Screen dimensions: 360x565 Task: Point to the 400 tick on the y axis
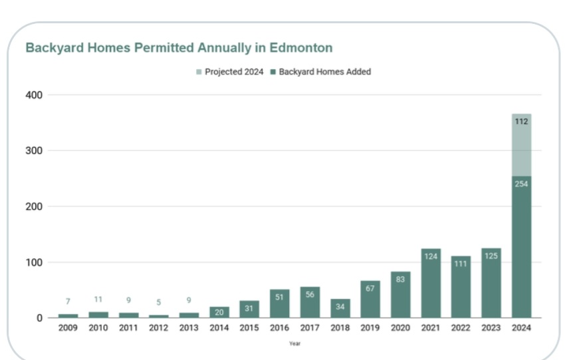point(35,95)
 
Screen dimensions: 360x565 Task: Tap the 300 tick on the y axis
point(35,151)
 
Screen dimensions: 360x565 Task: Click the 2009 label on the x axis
point(68,328)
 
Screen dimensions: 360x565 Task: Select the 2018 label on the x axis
point(340,328)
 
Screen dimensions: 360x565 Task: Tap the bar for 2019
point(370,302)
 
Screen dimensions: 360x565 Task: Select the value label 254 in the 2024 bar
point(521,183)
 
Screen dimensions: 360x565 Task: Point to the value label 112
point(521,122)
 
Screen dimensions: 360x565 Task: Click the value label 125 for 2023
point(491,256)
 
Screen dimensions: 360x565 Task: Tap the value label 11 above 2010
point(98,300)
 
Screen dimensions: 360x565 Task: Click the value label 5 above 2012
point(158,302)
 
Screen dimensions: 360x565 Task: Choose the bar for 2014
point(219,312)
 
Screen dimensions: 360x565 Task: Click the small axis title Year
point(294,343)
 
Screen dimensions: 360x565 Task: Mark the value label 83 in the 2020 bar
point(400,279)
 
